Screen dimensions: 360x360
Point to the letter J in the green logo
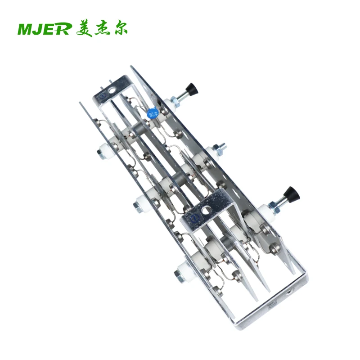point(40,29)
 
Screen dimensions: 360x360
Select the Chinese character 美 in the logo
point(84,29)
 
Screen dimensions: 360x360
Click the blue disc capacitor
point(152,112)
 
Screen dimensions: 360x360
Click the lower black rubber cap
point(292,193)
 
